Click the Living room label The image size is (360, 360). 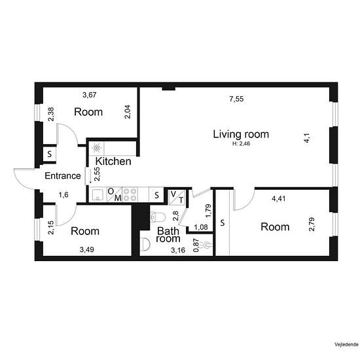(241, 134)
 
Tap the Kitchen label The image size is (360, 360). (113, 162)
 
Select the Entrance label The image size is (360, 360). (63, 176)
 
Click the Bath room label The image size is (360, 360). (168, 234)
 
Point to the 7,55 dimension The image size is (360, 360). (236, 99)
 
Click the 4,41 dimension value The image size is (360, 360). (278, 198)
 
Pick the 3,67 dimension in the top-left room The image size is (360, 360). (89, 95)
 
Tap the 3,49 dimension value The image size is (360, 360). (87, 249)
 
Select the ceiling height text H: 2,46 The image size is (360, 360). (241, 144)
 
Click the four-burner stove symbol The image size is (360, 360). (130, 194)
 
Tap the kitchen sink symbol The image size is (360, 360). (98, 194)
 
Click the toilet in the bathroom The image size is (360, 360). (158, 217)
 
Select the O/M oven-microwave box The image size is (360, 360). (115, 194)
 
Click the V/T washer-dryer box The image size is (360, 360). (177, 197)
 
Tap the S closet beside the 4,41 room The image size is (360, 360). (223, 223)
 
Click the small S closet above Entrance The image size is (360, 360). (50, 154)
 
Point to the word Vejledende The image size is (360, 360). (346, 344)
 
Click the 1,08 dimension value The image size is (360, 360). (201, 227)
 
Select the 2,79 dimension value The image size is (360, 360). (312, 225)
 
